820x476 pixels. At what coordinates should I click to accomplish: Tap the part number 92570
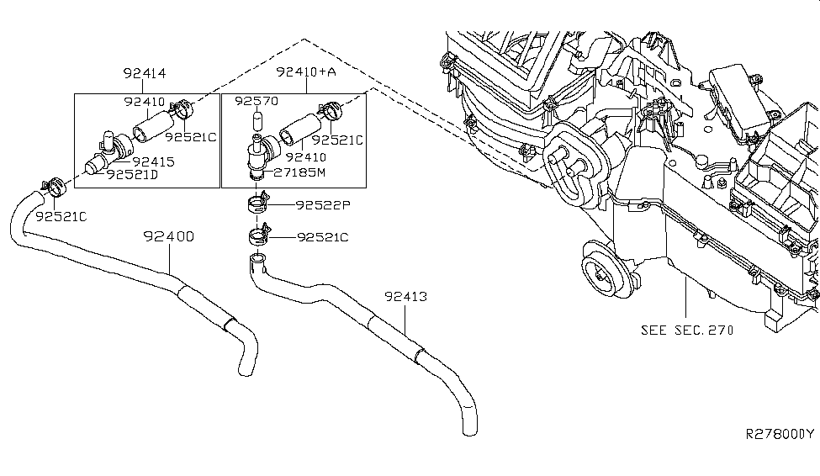[255, 100]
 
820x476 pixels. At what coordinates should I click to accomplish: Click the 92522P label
[321, 205]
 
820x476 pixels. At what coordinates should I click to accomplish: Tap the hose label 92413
[406, 297]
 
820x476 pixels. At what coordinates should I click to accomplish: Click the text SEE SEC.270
[686, 330]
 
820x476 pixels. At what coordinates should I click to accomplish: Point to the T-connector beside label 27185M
[257, 153]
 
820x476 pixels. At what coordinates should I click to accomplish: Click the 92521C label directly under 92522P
[321, 238]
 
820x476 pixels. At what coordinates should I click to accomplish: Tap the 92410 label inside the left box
[144, 101]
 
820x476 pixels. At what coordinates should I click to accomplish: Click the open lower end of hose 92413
[469, 430]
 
